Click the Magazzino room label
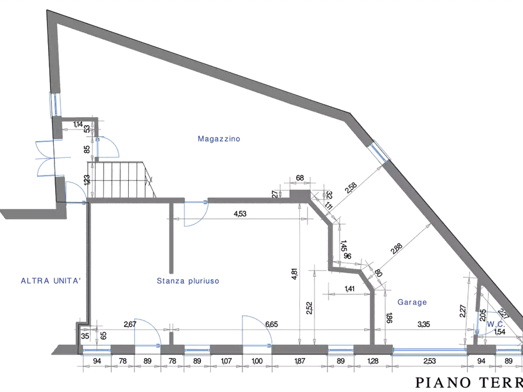(x=220, y=139)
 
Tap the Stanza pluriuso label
(x=188, y=281)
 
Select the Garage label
(x=412, y=303)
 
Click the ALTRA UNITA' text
(x=49, y=281)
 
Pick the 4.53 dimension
(x=240, y=214)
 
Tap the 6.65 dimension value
(x=272, y=324)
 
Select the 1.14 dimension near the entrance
(x=78, y=124)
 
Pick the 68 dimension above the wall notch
(x=299, y=178)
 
